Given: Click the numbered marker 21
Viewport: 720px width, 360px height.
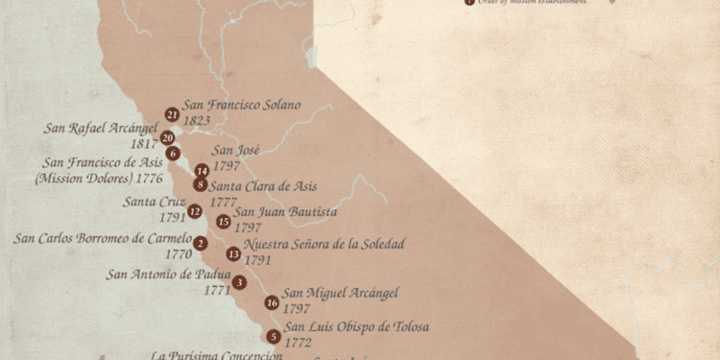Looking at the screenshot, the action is pos(172,114).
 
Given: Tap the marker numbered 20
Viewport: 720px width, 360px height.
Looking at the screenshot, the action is pos(167,137).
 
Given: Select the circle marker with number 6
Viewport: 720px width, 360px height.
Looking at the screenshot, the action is pos(173,153).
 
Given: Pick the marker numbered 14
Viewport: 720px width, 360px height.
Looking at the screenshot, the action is pos(202,170).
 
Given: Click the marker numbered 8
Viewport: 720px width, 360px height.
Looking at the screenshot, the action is pos(200,184).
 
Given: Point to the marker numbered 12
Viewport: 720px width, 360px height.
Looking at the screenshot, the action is pos(195,211).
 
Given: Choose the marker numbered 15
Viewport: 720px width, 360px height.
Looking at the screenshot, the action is pos(224,222).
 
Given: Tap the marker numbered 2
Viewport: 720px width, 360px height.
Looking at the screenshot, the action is pos(200,243).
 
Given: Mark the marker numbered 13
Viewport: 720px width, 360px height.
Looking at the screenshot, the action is pos(234,253).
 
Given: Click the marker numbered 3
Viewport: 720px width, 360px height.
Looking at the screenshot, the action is pos(239,282).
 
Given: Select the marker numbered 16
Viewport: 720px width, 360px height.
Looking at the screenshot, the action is pos(272,302).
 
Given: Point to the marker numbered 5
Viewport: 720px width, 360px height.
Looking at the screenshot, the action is pos(274,336).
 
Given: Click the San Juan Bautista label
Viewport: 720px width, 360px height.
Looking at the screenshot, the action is pos(285,211).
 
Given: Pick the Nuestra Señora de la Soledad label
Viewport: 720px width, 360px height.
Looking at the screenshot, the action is pos(324,244).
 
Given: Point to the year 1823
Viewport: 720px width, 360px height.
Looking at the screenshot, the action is pos(197,122).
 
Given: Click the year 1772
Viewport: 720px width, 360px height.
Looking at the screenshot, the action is pos(298,343).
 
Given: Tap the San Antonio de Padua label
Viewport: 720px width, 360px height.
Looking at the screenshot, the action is pos(168,275).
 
